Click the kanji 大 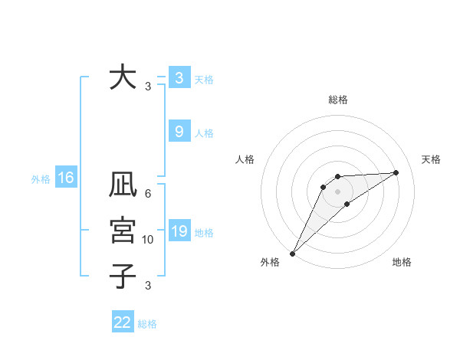click(x=122, y=77)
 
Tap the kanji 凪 click(x=122, y=186)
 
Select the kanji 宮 click(x=122, y=231)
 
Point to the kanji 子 click(x=122, y=276)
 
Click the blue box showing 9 click(x=179, y=132)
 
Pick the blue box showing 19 click(x=179, y=231)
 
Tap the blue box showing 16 click(x=66, y=178)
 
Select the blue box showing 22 click(x=123, y=322)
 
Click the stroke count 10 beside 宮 click(x=148, y=240)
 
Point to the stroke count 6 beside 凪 click(x=148, y=194)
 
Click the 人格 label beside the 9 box click(x=204, y=133)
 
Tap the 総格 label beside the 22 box click(x=147, y=324)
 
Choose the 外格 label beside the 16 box click(x=41, y=179)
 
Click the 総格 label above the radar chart click(x=338, y=100)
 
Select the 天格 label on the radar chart click(x=432, y=159)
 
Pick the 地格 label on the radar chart click(x=402, y=262)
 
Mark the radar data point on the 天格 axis click(x=396, y=172)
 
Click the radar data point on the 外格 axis click(x=292, y=254)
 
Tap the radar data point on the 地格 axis click(x=347, y=204)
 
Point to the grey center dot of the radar click(x=338, y=191)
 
